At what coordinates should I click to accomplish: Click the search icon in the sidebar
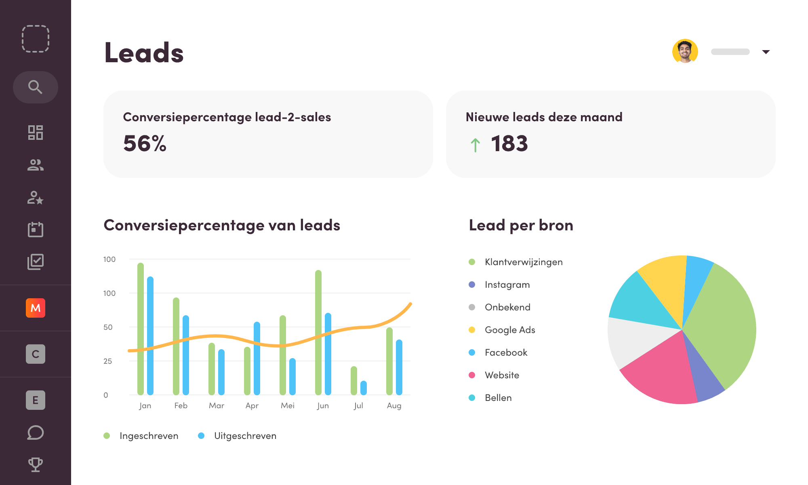pos(35,87)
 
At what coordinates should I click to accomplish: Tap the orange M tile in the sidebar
pos(36,308)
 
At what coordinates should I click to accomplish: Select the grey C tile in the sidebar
pos(36,354)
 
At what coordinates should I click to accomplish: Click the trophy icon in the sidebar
pos(36,464)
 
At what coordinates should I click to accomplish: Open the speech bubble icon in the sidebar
pos(36,432)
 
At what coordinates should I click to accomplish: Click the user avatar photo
pos(685,51)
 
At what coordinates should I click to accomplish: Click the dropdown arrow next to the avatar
pos(766,52)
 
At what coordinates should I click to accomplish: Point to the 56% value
pos(145,143)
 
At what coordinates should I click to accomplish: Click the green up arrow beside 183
pos(475,145)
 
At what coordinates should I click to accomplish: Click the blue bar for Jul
pos(364,388)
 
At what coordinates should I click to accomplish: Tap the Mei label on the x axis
pos(288,405)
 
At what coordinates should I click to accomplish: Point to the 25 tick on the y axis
pos(107,361)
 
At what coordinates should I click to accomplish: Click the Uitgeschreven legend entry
pos(245,436)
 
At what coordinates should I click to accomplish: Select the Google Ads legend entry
pos(510,330)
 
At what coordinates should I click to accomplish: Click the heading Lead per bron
pos(521,225)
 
